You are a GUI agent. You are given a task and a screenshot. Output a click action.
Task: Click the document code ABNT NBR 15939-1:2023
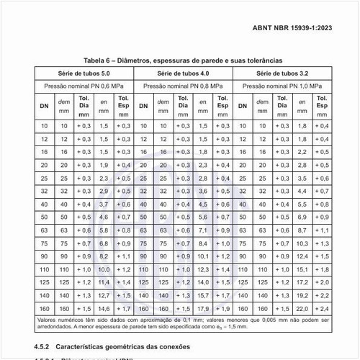coord(295,29)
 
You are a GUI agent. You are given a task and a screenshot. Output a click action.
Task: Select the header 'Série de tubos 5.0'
coord(84,73)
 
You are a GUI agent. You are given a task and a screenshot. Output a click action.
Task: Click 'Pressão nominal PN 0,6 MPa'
coord(84,86)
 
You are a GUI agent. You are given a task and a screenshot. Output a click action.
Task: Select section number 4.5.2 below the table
coord(44,346)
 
